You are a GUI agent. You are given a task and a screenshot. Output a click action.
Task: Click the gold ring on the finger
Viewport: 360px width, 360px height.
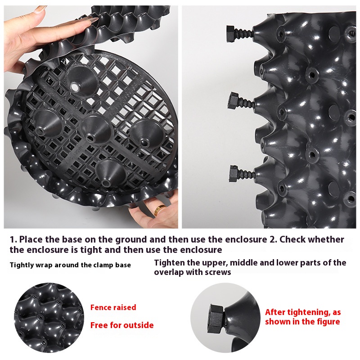coord(159,210)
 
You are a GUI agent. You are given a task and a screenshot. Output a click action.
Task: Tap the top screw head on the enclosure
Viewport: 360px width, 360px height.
coord(230,34)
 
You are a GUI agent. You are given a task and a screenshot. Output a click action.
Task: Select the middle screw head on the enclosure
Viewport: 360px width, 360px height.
coord(234,100)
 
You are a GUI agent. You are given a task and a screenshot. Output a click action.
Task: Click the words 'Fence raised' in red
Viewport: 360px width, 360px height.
coord(113,307)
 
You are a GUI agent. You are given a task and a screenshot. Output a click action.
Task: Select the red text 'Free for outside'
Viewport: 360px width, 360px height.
coord(122,325)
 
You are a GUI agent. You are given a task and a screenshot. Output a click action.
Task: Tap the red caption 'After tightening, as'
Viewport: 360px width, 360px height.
coord(303,312)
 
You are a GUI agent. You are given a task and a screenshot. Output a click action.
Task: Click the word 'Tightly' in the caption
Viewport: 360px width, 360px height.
coord(22,265)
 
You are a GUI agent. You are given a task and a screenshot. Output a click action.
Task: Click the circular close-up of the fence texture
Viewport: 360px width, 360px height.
coord(49,318)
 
